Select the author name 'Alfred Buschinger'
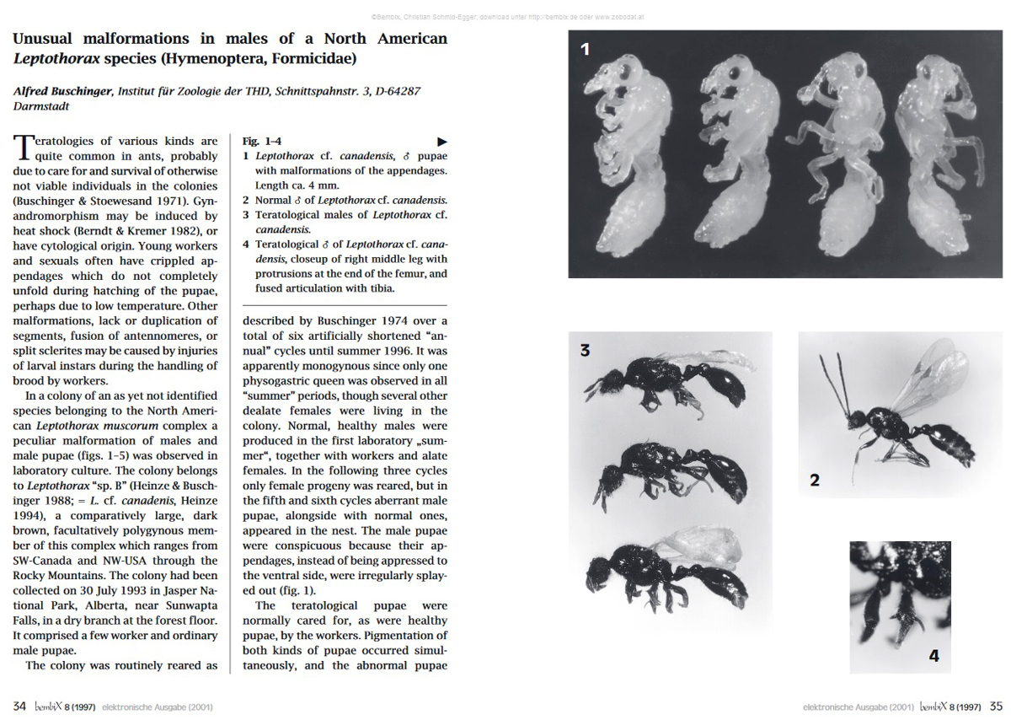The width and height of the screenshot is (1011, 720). coord(62,92)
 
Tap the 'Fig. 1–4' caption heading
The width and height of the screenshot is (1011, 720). coord(262,142)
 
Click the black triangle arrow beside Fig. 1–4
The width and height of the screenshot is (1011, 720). coord(441,142)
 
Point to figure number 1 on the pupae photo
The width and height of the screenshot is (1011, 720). coord(585,50)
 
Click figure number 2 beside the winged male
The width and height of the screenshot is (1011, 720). coord(815,481)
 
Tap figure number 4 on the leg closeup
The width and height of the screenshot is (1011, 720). coord(933,655)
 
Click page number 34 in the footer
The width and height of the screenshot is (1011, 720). coord(19,707)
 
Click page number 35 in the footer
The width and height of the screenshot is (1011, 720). coord(996,707)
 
